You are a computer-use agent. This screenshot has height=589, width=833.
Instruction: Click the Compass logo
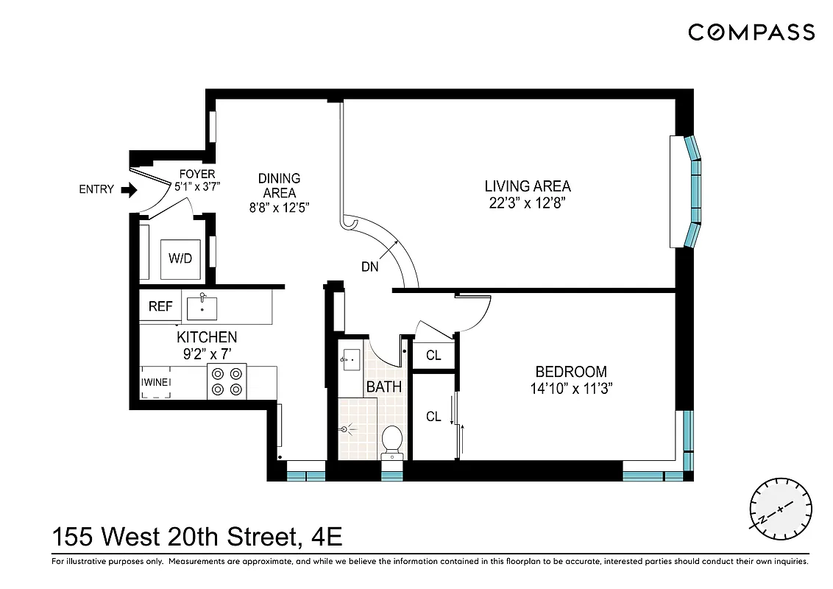tap(751, 32)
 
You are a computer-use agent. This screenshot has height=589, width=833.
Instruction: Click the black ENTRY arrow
tap(129, 190)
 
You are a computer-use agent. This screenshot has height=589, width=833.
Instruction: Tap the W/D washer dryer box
tap(180, 259)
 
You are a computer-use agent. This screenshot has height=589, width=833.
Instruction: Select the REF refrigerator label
tap(160, 306)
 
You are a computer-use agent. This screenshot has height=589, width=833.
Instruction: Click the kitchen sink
tap(202, 308)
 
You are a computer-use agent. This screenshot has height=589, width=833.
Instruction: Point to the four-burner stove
tap(227, 381)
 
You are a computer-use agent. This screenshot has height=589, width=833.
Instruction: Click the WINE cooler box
tap(156, 382)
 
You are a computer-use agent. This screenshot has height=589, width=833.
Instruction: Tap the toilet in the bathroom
tap(392, 441)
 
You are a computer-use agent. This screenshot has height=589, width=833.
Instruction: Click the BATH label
tap(384, 387)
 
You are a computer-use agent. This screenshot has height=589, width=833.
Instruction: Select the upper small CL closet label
tap(433, 356)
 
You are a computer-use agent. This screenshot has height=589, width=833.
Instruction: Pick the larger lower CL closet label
tap(433, 417)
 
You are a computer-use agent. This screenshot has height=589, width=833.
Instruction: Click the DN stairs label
tap(370, 267)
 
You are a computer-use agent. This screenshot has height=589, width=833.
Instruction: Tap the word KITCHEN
tap(207, 337)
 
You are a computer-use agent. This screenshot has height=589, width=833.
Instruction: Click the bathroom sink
tap(350, 360)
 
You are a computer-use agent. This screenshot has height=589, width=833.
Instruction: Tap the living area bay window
tap(692, 191)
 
